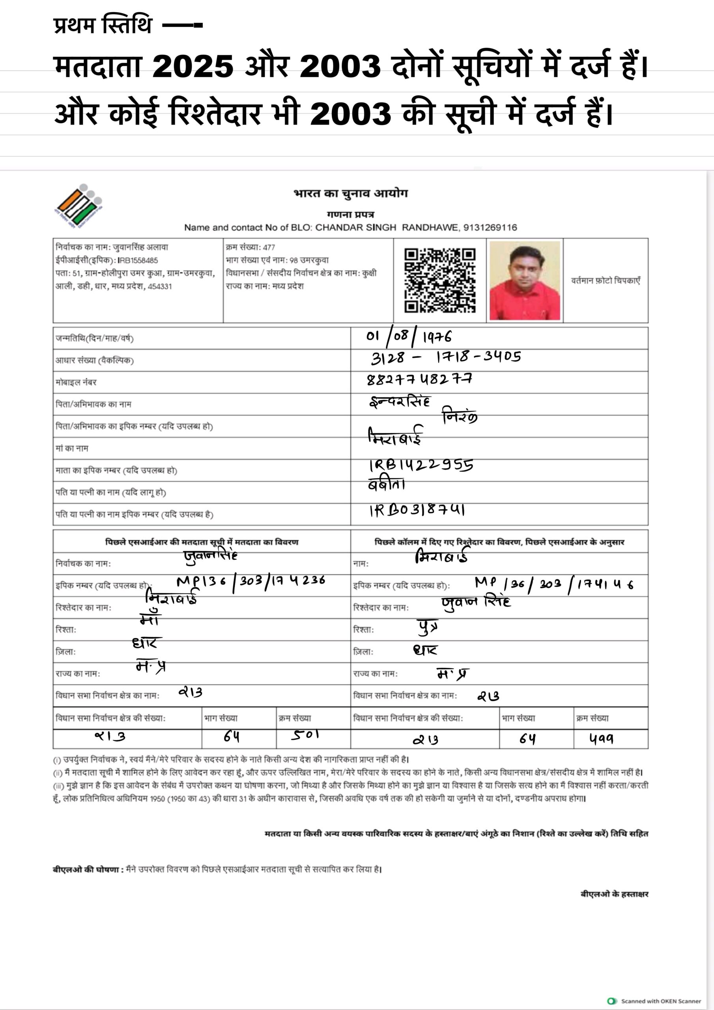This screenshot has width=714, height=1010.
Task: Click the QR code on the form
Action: (x=439, y=280)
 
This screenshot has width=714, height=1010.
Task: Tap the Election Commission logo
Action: (x=79, y=206)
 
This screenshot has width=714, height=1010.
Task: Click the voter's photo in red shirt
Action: (x=524, y=280)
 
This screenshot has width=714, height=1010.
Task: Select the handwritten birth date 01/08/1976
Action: (x=409, y=337)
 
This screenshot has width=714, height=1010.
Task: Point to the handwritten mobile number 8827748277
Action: (x=419, y=379)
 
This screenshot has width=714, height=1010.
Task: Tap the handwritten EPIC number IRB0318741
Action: (x=417, y=510)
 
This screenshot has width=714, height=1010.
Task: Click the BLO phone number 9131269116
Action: (x=490, y=227)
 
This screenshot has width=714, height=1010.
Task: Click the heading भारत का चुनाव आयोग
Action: (x=351, y=194)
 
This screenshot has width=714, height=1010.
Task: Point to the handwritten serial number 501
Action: (x=305, y=735)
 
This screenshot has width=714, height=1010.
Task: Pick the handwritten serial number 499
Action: (x=601, y=739)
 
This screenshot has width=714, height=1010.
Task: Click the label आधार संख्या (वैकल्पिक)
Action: (x=95, y=360)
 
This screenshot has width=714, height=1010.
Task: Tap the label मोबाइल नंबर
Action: (x=76, y=382)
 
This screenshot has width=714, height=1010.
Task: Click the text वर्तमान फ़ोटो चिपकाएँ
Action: (x=606, y=281)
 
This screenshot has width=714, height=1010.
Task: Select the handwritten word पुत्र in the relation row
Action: (x=427, y=627)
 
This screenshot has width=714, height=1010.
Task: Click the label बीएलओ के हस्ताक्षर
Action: (x=614, y=894)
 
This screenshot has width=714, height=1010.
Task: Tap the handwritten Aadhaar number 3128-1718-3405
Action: (x=446, y=357)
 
